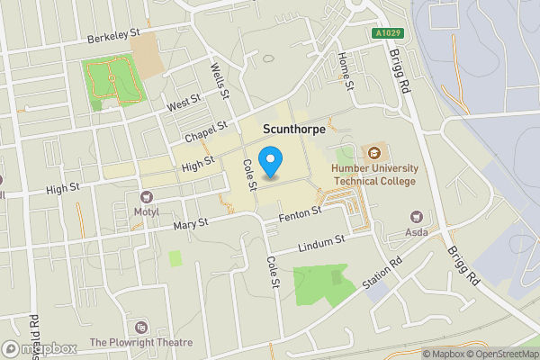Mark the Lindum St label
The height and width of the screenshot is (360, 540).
click(x=321, y=243)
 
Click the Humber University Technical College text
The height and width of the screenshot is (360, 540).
click(x=373, y=175)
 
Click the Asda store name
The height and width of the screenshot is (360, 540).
click(x=416, y=232)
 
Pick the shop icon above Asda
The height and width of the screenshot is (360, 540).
click(x=416, y=216)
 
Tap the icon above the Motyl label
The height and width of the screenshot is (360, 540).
click(x=146, y=196)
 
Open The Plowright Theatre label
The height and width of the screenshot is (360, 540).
click(x=141, y=342)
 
